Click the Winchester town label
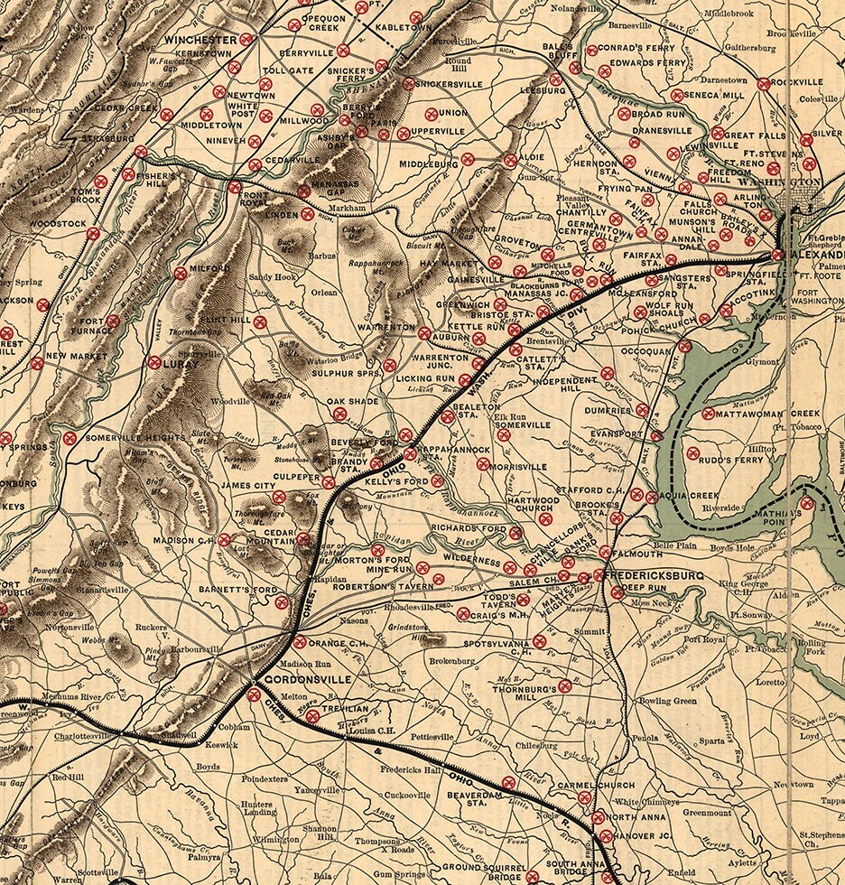pyautogui.click(x=200, y=40)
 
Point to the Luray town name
pyautogui.click(x=183, y=363)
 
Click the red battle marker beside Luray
pyautogui.click(x=153, y=362)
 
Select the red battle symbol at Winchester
pyautogui.click(x=246, y=40)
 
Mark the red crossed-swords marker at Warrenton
pyautogui.click(x=423, y=333)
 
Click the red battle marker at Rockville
pyautogui.click(x=764, y=84)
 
